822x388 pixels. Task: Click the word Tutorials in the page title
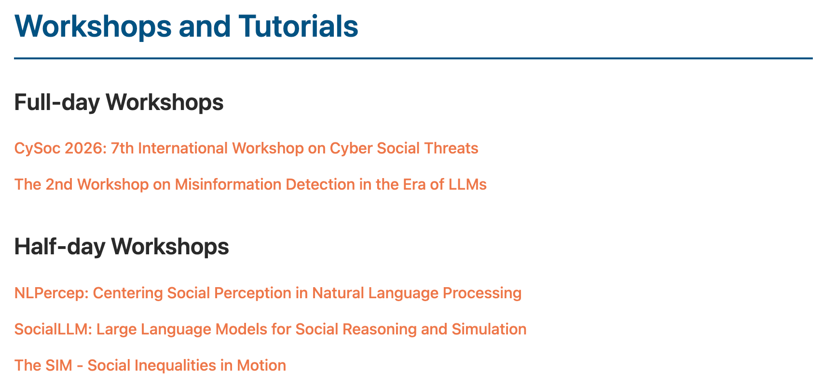298,27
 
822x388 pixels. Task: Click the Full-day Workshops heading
119,102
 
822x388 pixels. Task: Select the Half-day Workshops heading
122,247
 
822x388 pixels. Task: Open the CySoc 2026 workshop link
246,149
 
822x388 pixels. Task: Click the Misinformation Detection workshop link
250,185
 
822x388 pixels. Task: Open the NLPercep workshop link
268,293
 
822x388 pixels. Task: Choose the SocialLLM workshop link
271,329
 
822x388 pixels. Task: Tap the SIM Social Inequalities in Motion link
150,366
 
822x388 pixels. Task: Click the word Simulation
489,329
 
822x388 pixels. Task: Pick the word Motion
261,366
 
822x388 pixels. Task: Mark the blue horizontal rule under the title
413,58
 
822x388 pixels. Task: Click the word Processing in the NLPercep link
482,293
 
